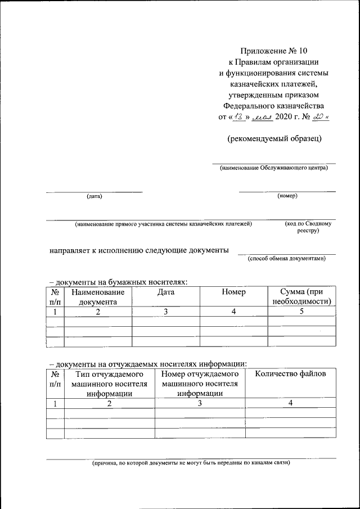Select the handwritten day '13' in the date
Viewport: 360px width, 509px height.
point(240,116)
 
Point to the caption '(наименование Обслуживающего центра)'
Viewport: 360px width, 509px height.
point(273,168)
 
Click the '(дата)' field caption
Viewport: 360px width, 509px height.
point(94,196)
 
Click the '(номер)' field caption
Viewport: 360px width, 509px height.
point(287,196)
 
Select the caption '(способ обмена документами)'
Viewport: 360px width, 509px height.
point(286,259)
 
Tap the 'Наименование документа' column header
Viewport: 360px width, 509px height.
point(98,296)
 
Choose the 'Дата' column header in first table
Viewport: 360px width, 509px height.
point(166,292)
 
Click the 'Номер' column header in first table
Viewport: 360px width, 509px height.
point(233,292)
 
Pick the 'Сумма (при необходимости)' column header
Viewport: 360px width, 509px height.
point(301,296)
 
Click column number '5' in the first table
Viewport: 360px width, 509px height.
point(301,312)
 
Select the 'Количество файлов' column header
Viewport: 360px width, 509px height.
point(290,374)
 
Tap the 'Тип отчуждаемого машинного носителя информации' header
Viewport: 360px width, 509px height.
point(109,384)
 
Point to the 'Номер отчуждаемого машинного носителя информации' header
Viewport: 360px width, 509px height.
point(200,384)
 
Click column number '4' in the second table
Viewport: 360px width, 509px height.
point(290,403)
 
